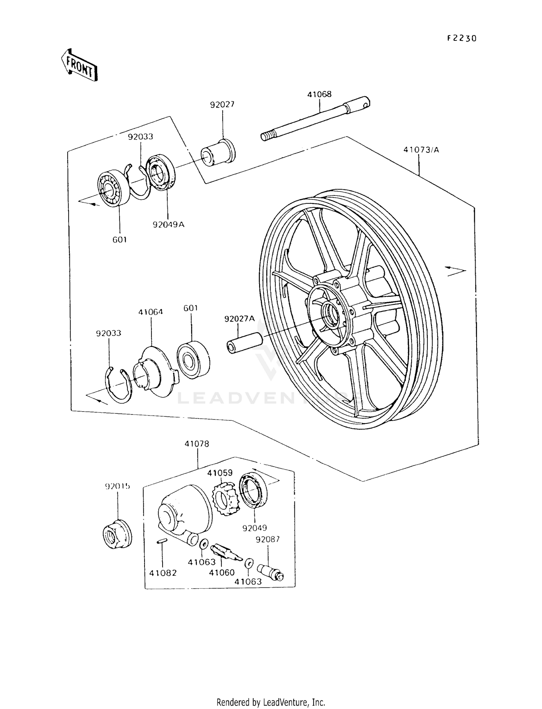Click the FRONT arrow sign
79,65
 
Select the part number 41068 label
319,94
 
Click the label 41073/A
421,150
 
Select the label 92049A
168,224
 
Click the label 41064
151,312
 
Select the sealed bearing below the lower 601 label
193,359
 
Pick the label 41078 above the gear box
197,444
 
